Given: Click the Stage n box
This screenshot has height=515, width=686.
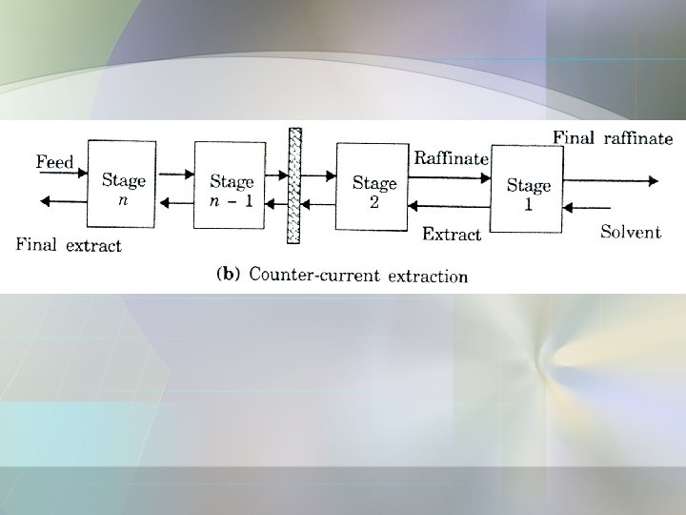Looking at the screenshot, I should (x=122, y=184).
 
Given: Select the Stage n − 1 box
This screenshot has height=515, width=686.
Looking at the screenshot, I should (x=230, y=184).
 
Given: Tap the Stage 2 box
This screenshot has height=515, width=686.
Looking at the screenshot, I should (x=371, y=187).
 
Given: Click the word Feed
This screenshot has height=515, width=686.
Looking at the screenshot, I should (x=55, y=162).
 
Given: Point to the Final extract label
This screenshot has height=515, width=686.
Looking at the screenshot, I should (x=69, y=245).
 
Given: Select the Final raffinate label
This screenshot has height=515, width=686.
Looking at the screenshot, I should (x=613, y=138).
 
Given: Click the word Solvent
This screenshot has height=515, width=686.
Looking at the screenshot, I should (x=630, y=232).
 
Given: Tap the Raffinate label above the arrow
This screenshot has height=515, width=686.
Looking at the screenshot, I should (x=451, y=158).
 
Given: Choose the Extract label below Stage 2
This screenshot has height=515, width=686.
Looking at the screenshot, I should (x=452, y=234).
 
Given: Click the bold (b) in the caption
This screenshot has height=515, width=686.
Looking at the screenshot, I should (x=229, y=275).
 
